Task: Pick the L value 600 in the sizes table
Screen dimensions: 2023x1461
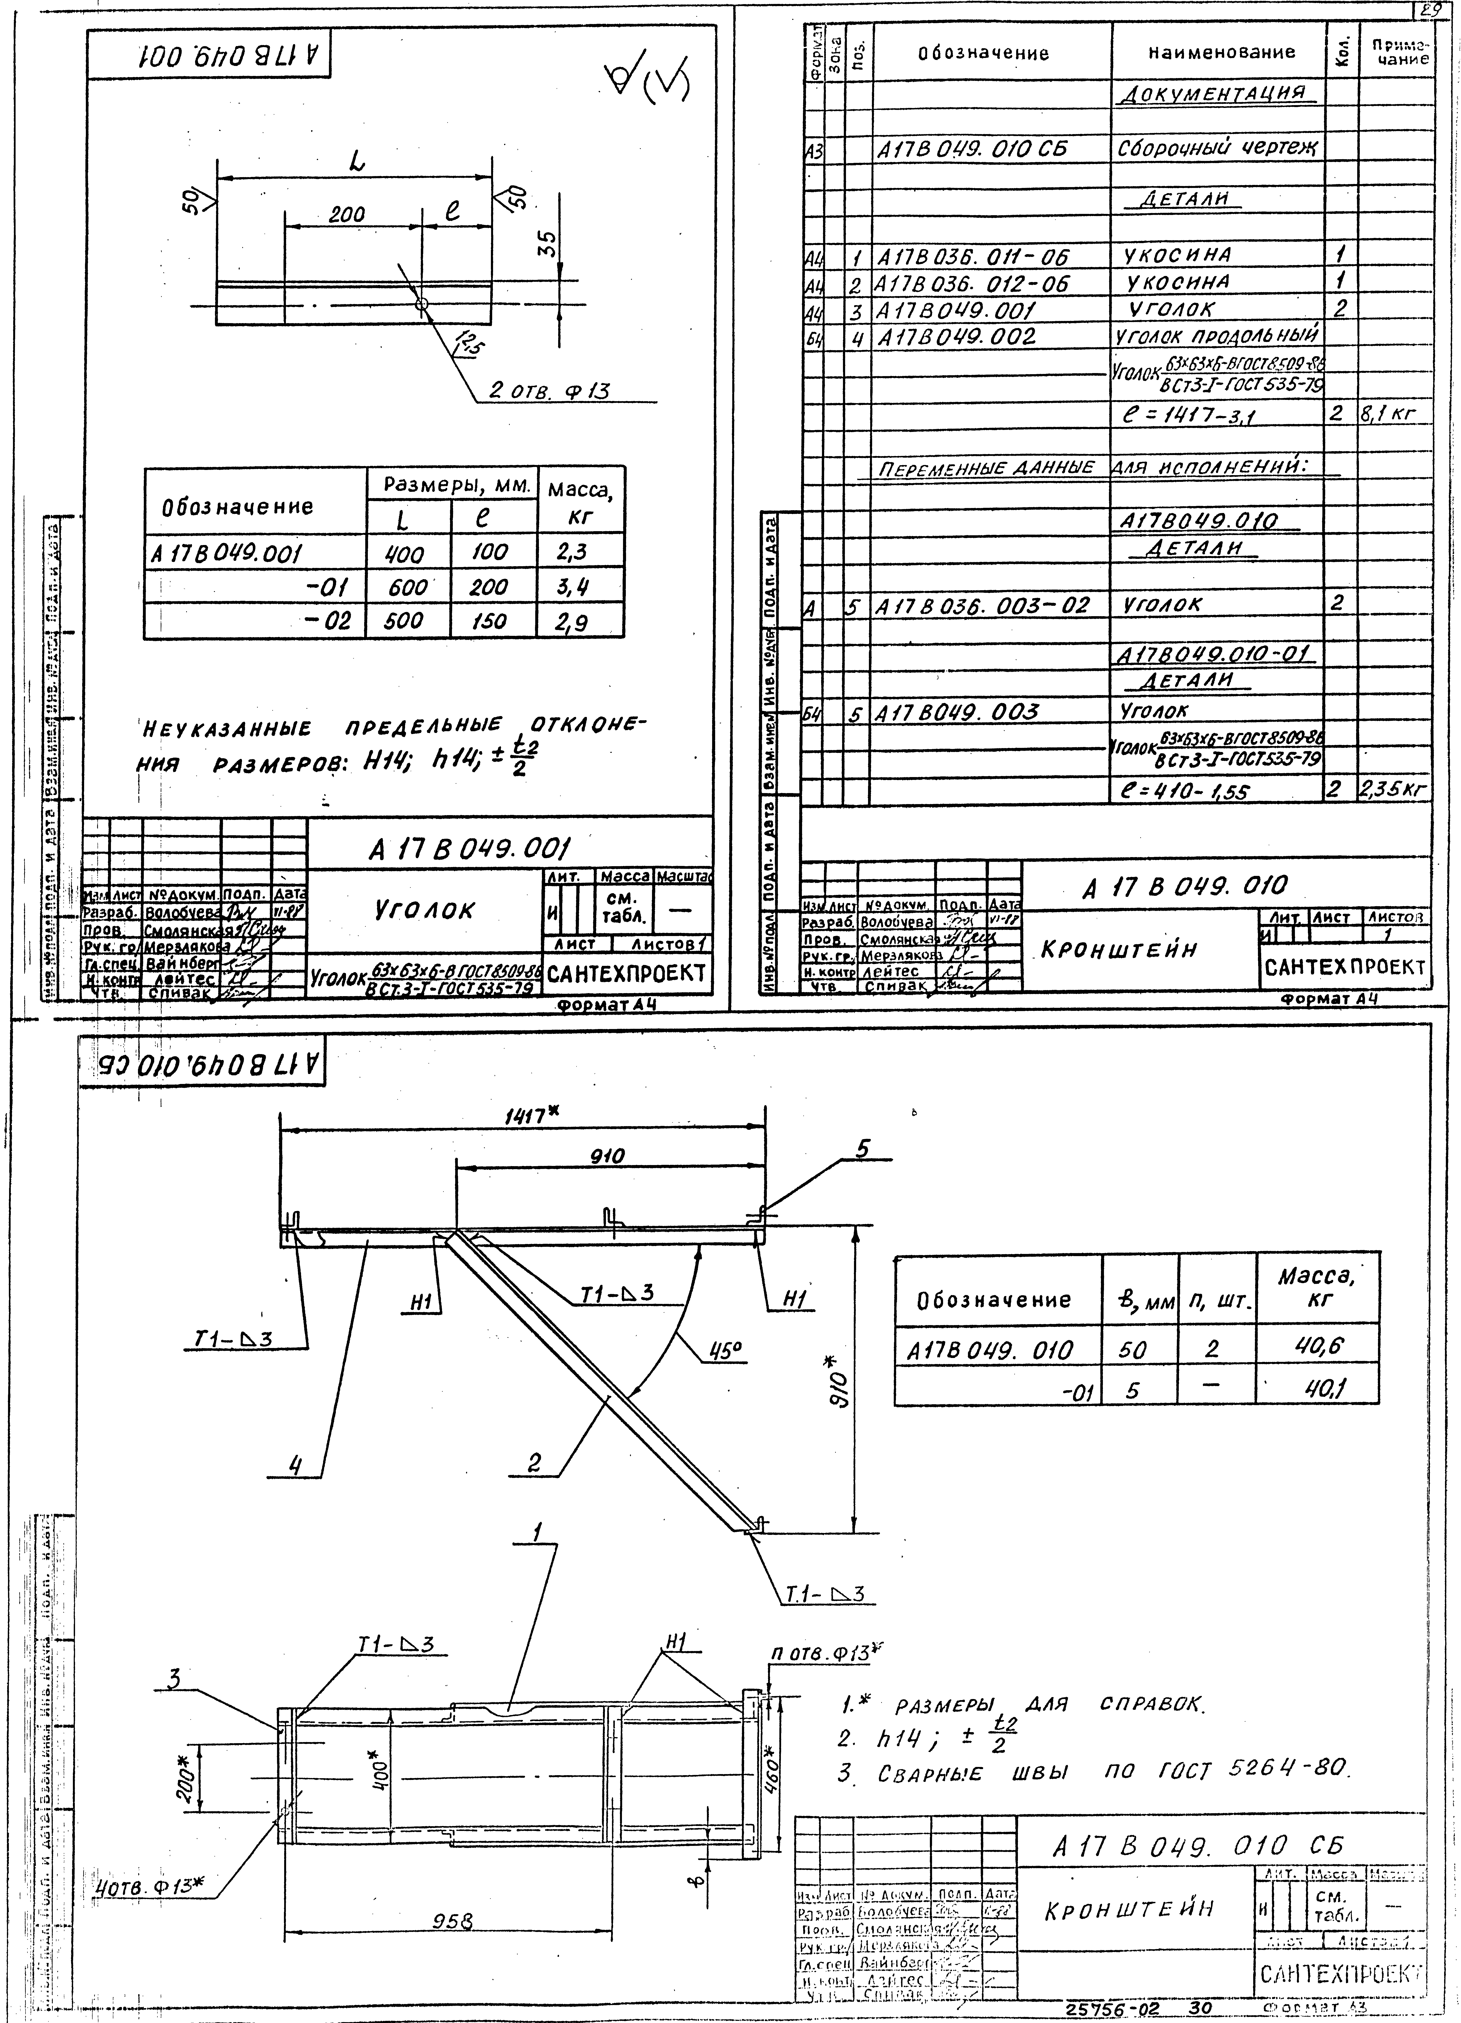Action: [x=407, y=587]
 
